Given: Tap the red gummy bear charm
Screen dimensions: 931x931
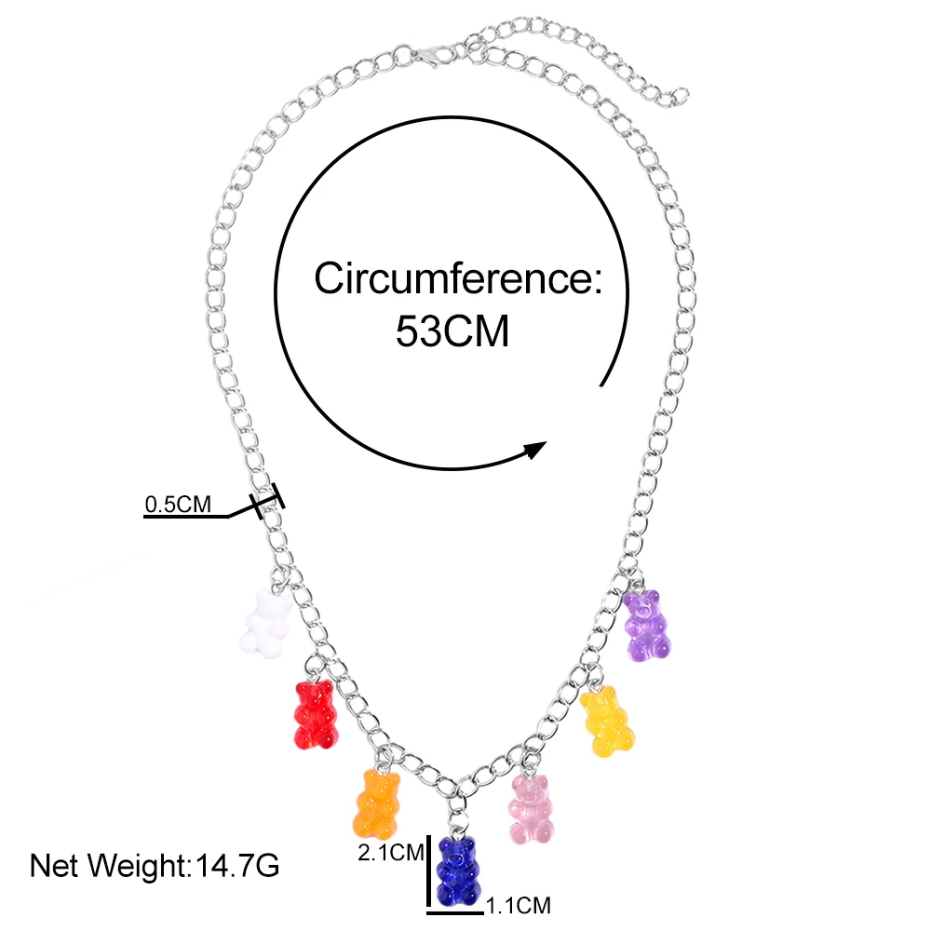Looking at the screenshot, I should pos(314,714).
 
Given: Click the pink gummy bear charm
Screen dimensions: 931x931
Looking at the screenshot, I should pos(531,809).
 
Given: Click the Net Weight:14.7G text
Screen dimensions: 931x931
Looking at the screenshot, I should pos(155,867).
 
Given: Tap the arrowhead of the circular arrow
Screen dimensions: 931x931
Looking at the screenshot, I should pos(534,451).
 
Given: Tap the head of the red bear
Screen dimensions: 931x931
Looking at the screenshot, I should pos(313,694).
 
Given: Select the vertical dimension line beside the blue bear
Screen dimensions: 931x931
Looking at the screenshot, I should pos(429,870).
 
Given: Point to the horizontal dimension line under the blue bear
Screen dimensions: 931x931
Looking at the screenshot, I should pos(456,904).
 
